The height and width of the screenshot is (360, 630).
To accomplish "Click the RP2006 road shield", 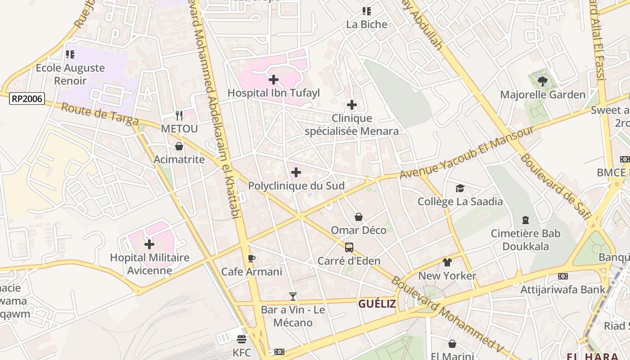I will (27, 98).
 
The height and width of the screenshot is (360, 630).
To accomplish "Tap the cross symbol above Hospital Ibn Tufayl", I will (273, 80).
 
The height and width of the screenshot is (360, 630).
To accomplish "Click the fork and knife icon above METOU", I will (179, 116).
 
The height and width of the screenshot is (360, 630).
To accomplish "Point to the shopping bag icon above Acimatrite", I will (179, 146).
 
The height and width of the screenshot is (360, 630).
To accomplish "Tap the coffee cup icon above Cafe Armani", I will (252, 259).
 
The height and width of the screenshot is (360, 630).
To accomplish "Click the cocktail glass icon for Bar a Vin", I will (293, 297).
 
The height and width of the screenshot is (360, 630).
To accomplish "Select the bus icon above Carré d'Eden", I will (349, 247).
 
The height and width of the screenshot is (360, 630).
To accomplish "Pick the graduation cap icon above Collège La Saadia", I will (460, 188).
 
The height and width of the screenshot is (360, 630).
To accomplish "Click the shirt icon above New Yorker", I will (447, 262).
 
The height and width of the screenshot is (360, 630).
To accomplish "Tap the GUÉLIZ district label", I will (377, 304).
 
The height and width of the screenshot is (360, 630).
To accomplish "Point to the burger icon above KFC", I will (242, 339).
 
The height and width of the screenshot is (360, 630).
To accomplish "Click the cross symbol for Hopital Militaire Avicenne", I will (149, 244).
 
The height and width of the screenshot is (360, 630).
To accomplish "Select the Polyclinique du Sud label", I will (296, 186).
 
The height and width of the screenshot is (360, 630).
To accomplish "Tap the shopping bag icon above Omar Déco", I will (359, 217).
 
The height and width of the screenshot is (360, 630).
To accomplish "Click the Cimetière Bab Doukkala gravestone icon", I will (525, 220).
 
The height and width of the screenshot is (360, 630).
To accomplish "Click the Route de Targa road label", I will (100, 114).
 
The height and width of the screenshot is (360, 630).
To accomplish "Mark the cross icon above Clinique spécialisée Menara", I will (352, 105).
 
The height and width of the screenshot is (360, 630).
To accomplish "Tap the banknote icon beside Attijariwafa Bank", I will (562, 276).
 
